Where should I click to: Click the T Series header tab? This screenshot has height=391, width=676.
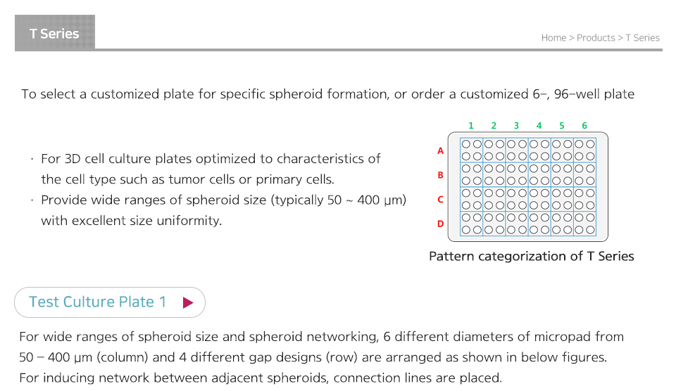(x=55, y=33)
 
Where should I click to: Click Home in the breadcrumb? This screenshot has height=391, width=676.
(x=553, y=38)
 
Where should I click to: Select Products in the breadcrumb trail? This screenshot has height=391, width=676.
(x=596, y=38)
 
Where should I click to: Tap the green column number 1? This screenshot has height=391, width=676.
(x=471, y=125)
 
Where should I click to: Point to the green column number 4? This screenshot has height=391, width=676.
(x=539, y=125)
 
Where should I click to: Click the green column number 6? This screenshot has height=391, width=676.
(x=584, y=125)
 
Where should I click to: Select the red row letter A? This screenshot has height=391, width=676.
(x=440, y=150)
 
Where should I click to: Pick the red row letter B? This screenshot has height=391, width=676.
(x=440, y=175)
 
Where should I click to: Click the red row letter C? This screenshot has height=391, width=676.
(x=440, y=200)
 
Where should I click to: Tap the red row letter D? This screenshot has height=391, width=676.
(x=440, y=224)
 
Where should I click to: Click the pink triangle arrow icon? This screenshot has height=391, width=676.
(x=187, y=302)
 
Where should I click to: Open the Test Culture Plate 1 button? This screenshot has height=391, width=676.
(x=110, y=302)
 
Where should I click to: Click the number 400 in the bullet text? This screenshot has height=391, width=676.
(x=368, y=200)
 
